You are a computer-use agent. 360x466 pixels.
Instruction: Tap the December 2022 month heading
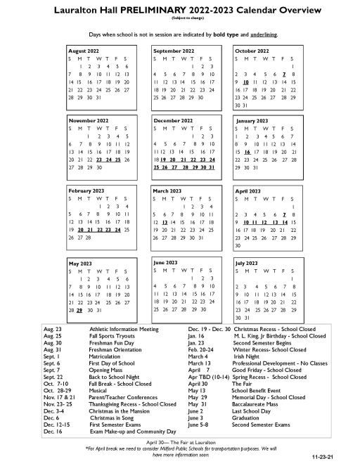coord(172,121)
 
